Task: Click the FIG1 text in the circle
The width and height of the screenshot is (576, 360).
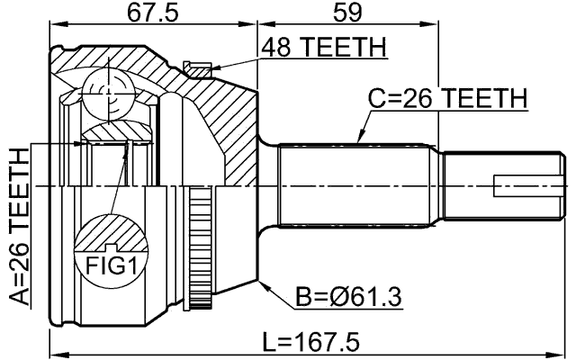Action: [x=109, y=265]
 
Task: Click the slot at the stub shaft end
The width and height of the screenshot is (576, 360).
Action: [x=530, y=186]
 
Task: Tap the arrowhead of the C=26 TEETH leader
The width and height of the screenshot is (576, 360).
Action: [x=359, y=141]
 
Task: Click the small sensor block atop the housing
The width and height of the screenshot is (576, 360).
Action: [x=193, y=66]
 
